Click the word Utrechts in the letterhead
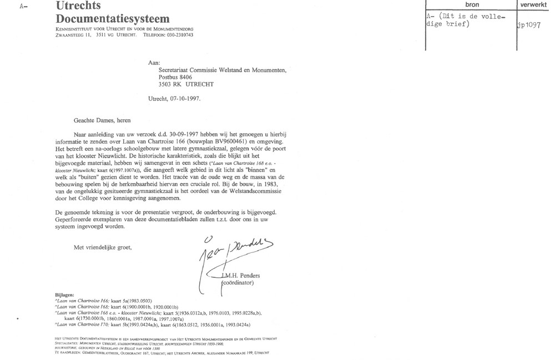tap(78, 6)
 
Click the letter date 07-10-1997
tap(185, 98)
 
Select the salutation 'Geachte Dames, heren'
tap(104, 119)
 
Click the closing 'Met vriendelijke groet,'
tap(103, 247)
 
